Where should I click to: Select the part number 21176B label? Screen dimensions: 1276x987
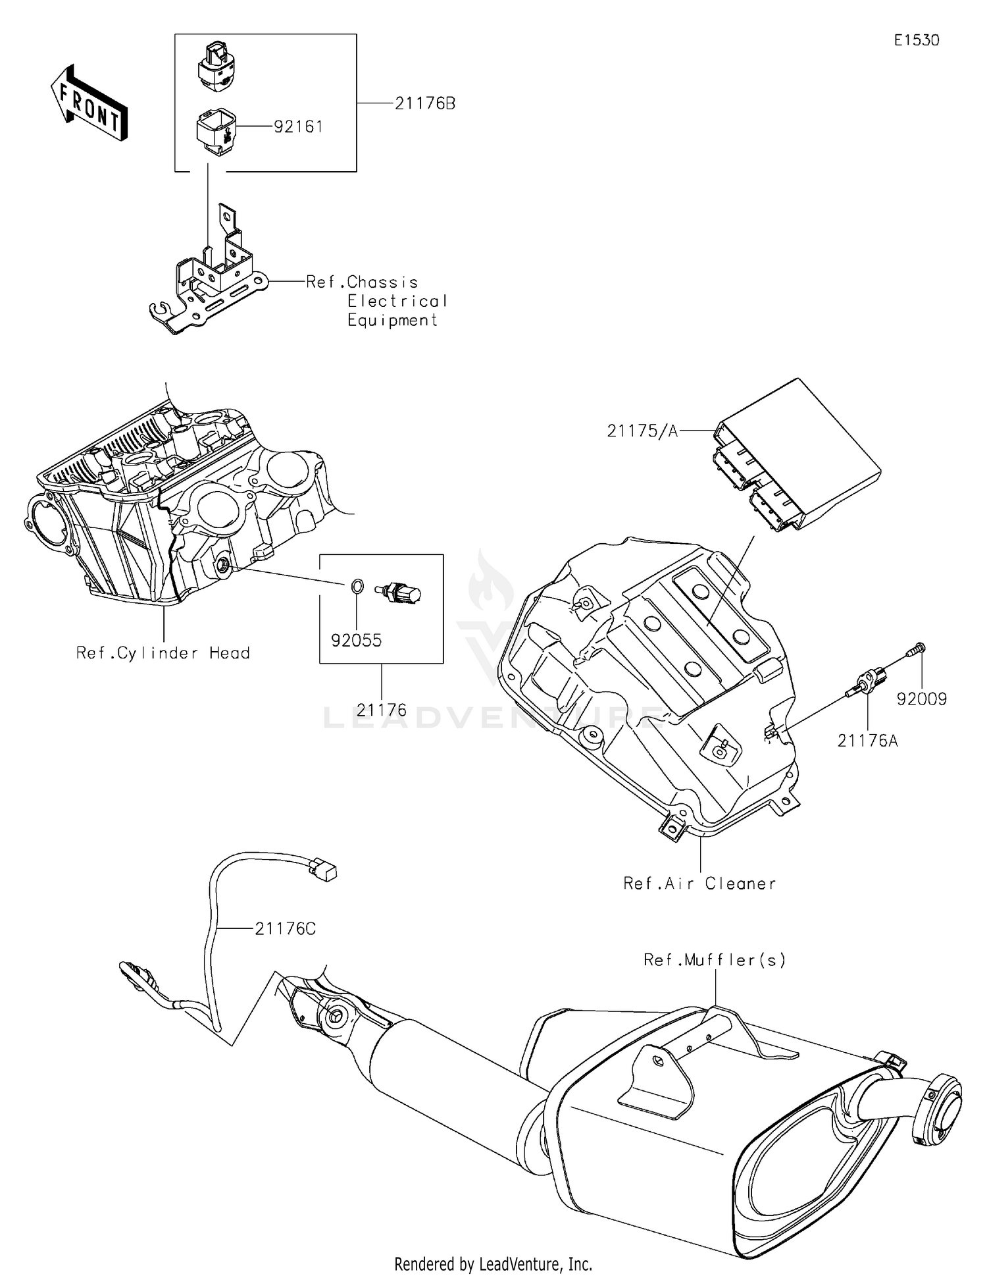click(x=424, y=103)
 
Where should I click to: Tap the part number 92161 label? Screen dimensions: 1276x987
click(x=298, y=126)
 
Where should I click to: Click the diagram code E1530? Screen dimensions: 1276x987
click(x=916, y=40)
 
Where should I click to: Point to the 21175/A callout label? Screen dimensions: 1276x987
click(x=642, y=431)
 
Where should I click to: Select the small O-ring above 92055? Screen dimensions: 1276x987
click(x=356, y=585)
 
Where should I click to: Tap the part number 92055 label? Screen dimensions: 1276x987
click(x=356, y=641)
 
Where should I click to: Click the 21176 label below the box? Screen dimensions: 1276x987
click(x=382, y=710)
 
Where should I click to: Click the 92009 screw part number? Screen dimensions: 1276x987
click(x=921, y=699)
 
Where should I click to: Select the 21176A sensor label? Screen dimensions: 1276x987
click(x=867, y=741)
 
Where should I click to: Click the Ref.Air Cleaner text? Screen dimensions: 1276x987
click(x=699, y=884)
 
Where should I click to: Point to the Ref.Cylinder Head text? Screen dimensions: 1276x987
click(x=163, y=653)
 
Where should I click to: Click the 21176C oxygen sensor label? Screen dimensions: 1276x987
click(x=285, y=929)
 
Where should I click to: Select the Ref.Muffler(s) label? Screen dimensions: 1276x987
click(x=715, y=960)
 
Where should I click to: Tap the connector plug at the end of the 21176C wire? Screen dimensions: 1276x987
click(x=323, y=870)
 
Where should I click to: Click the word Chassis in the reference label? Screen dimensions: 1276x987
click(x=382, y=282)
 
